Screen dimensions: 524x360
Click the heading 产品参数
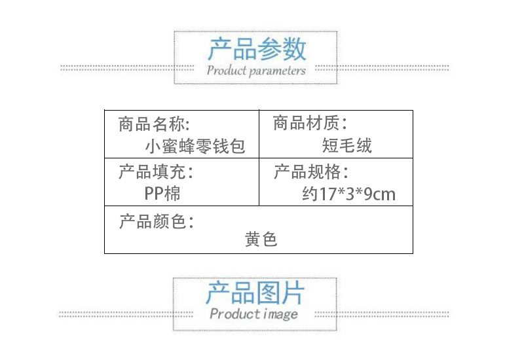257,49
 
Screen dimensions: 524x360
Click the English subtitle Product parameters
256,70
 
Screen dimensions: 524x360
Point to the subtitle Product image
253,314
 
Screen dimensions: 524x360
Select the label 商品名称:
155,124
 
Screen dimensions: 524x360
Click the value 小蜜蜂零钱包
195,145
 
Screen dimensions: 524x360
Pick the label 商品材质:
309,123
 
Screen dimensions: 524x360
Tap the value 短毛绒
347,145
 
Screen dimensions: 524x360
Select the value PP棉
162,194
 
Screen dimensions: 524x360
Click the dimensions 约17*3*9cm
349,194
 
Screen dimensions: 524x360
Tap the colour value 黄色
261,240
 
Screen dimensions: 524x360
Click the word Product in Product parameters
225,70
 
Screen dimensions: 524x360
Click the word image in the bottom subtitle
280,314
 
